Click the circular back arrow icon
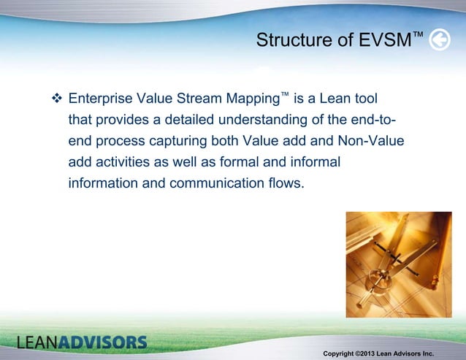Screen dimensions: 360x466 439,41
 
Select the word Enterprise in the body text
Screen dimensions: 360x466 101,98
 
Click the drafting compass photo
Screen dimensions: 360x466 399,264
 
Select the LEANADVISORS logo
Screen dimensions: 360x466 82,342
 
